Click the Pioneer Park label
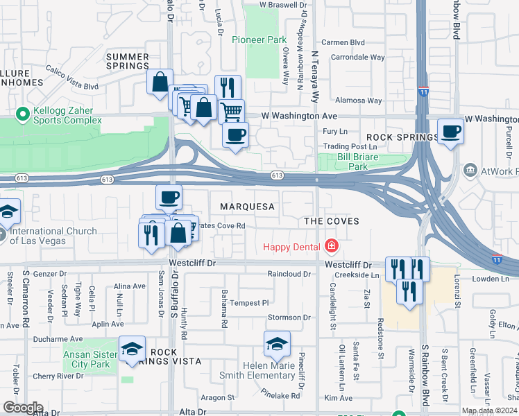258,40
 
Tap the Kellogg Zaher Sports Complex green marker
22,112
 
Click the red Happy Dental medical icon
332,246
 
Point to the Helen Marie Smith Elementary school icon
277,343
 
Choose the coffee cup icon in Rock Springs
450,131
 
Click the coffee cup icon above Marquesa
169,198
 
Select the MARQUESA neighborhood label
247,207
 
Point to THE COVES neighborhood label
332,221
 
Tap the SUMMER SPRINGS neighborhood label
128,61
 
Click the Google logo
22,408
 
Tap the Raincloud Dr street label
290,274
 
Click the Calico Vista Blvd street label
72,77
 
